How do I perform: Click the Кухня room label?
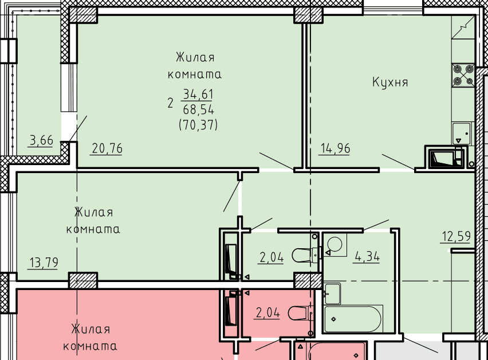[x=390, y=83]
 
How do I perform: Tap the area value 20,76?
[x=107, y=148]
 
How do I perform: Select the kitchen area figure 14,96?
[x=335, y=148]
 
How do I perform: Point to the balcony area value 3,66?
[x=41, y=140]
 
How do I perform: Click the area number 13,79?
[x=44, y=263]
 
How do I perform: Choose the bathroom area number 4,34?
[x=367, y=257]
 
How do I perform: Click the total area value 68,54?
[x=198, y=109]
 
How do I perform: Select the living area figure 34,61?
[x=198, y=94]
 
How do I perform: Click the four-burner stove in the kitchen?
[x=463, y=75]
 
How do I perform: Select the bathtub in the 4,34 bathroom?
[x=353, y=319]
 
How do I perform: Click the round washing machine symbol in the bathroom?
[x=335, y=244]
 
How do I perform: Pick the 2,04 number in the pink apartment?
[x=267, y=312]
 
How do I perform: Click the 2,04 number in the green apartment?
[x=271, y=257]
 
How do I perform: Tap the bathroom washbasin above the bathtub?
[x=332, y=294]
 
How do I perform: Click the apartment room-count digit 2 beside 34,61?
[x=170, y=103]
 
